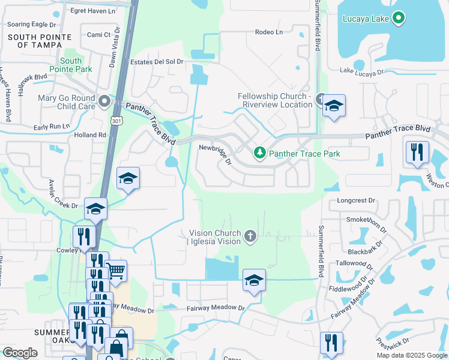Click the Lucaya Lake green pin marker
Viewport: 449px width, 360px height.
399,19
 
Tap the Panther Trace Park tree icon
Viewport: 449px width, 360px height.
260,154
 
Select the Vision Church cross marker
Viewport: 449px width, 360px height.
250,238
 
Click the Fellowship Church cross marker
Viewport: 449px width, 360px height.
321,99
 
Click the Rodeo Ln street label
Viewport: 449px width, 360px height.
268,32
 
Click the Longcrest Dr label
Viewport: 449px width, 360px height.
356,200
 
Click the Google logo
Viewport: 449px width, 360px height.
20,353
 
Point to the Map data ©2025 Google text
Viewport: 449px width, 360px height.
411,355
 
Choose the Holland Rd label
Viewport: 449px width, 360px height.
90,135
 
